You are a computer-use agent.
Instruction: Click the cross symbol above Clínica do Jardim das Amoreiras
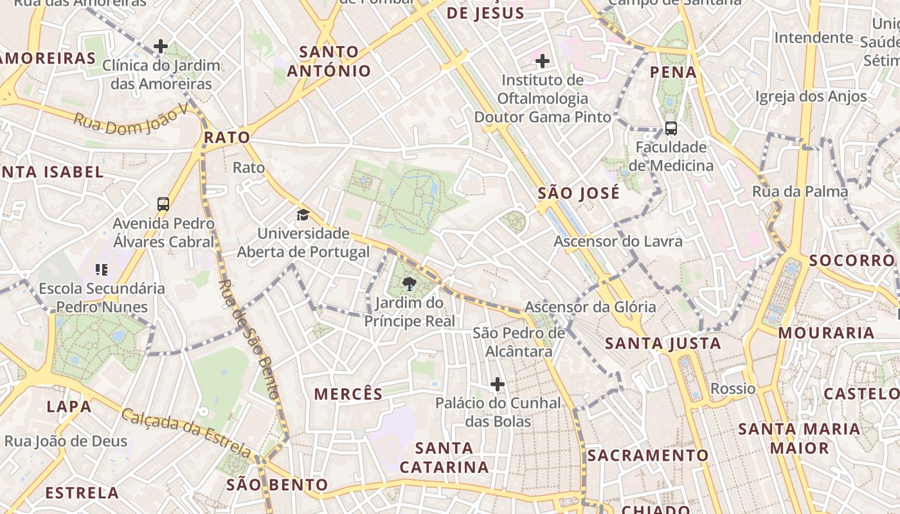pyautogui.click(x=161, y=46)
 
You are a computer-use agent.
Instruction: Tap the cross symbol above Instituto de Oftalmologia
pyautogui.click(x=543, y=61)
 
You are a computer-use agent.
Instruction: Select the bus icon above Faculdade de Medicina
pyautogui.click(x=670, y=128)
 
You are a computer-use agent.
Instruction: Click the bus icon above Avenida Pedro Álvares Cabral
pyautogui.click(x=163, y=204)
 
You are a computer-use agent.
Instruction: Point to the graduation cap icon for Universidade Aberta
pyautogui.click(x=303, y=215)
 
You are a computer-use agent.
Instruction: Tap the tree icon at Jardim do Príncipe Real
pyautogui.click(x=409, y=283)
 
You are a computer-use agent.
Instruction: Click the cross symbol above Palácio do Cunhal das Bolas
pyautogui.click(x=498, y=384)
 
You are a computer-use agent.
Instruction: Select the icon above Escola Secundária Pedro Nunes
pyautogui.click(x=102, y=270)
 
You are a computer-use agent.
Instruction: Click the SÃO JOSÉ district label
pyautogui.click(x=579, y=193)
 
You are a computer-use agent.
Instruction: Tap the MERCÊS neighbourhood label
pyautogui.click(x=348, y=394)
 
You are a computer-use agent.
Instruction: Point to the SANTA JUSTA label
pyautogui.click(x=663, y=344)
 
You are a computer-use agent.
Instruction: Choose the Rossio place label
pyautogui.click(x=733, y=389)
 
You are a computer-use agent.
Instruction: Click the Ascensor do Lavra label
pyautogui.click(x=618, y=242)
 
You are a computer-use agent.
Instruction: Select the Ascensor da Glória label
pyautogui.click(x=590, y=307)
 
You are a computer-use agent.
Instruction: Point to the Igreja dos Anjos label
pyautogui.click(x=811, y=97)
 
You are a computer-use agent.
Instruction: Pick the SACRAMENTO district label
pyautogui.click(x=647, y=456)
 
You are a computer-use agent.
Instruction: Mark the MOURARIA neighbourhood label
pyautogui.click(x=826, y=333)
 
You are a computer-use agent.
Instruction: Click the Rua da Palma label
pyautogui.click(x=800, y=191)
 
